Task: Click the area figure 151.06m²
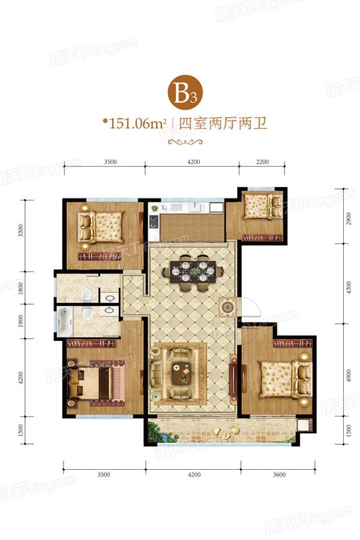pos(134,123)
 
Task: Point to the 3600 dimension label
pos(280,475)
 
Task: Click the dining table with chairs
pos(192,272)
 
